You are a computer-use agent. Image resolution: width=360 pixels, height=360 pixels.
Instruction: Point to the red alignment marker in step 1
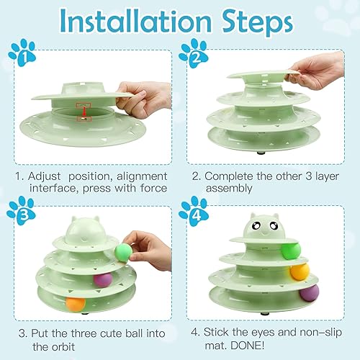85,108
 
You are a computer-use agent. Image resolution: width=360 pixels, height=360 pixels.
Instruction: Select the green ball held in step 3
123,251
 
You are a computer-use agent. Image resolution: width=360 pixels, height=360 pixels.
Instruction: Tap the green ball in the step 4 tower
289,249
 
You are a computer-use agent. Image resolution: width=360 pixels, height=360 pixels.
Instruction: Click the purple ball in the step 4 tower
309,292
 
